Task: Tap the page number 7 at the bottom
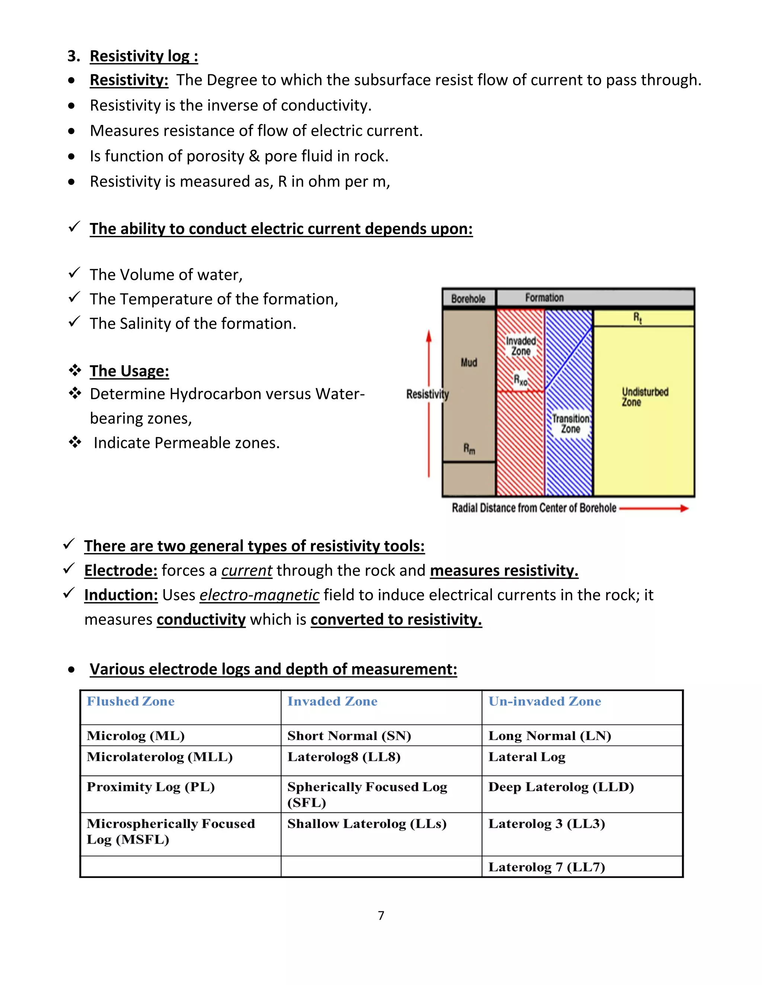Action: (381, 915)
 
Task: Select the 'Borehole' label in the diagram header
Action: (468, 298)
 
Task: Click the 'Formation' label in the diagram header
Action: (544, 298)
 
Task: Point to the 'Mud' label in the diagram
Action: (468, 362)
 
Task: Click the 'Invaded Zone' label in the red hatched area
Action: (521, 346)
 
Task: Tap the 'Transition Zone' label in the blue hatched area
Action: (571, 423)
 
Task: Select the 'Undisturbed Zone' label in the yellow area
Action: (645, 397)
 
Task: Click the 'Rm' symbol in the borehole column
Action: (469, 448)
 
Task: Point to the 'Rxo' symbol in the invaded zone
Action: (521, 380)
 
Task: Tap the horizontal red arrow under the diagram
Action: (654, 508)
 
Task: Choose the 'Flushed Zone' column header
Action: (131, 701)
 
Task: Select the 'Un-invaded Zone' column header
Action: (544, 701)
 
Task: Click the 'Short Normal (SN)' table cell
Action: (349, 736)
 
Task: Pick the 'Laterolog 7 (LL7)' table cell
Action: (546, 867)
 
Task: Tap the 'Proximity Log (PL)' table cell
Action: (150, 787)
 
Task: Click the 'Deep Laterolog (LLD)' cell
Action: (561, 787)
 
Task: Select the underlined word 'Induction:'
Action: (121, 595)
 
